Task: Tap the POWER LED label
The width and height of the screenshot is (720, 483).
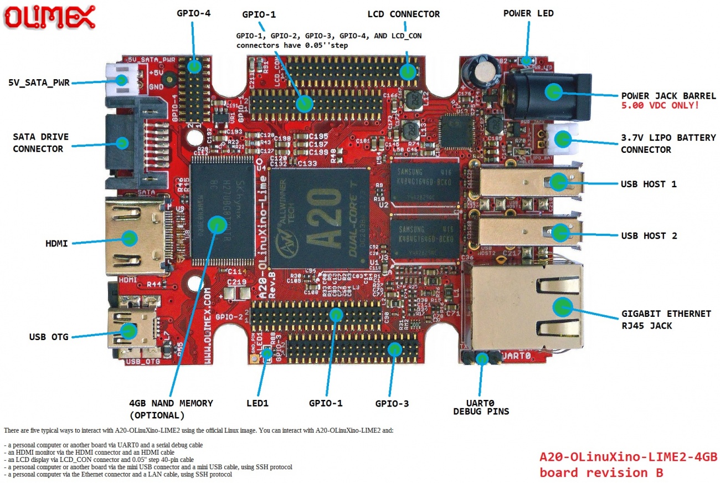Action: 528,13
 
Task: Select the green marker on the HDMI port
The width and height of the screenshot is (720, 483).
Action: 129,238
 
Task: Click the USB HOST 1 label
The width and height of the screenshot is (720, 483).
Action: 649,184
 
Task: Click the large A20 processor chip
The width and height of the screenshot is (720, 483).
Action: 320,218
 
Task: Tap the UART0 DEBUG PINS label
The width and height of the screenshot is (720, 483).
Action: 481,407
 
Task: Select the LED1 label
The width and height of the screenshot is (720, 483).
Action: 257,403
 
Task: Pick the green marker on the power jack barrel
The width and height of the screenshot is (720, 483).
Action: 552,91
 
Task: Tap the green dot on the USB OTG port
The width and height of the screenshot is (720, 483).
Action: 128,331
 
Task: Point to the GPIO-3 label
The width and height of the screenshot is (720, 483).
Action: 392,403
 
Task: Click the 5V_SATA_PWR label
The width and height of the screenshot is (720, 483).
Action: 39,83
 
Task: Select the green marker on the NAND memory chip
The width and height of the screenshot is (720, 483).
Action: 217,224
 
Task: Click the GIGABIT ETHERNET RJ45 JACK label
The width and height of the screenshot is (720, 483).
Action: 666,320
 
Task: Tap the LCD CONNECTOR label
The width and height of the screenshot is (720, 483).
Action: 403,14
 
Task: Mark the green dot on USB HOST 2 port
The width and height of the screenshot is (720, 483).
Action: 560,232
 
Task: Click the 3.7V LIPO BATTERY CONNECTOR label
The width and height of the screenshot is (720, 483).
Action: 668,143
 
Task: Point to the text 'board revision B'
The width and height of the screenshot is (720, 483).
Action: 601,472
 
